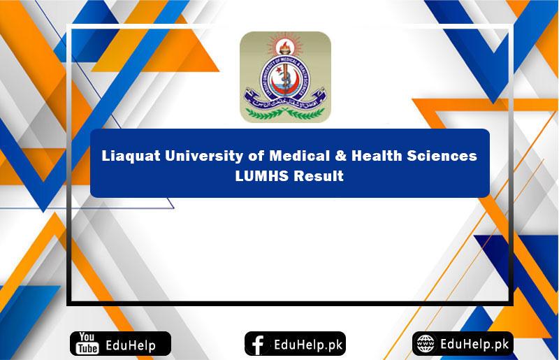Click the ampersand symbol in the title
(320, 156)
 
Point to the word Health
(358, 156)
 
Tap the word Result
(319, 175)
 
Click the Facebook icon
(258, 344)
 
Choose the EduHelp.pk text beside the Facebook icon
(305, 344)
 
